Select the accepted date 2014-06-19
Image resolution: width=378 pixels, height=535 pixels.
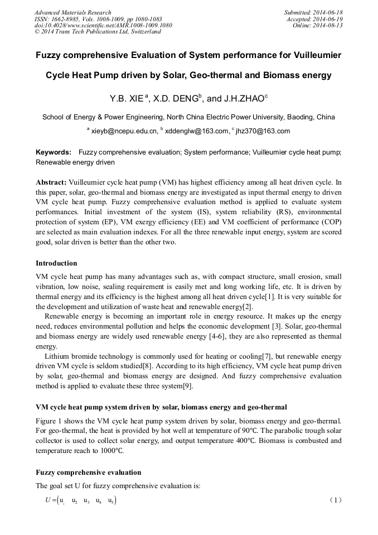click(x=328, y=19)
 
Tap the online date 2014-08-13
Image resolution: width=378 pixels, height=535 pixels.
click(x=328, y=25)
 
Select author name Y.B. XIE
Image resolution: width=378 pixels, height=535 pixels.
click(x=127, y=99)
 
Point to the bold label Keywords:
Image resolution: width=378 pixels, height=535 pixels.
click(x=54, y=152)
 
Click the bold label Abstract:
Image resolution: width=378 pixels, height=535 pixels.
click(x=51, y=182)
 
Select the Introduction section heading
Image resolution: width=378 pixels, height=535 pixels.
click(x=56, y=263)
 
